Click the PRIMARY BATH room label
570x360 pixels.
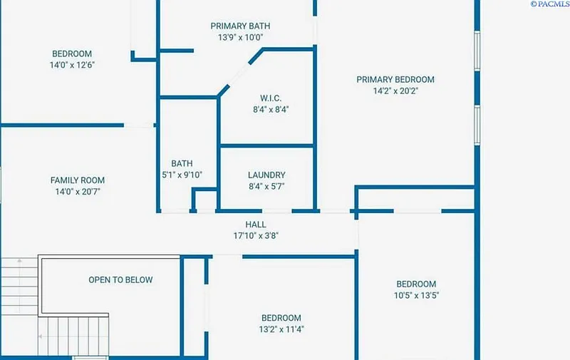(240, 26)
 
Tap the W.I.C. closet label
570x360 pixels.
(271, 98)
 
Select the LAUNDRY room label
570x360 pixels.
(266, 175)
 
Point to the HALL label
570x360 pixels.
(256, 225)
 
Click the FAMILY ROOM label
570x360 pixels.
(78, 180)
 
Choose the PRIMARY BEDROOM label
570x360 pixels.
(395, 79)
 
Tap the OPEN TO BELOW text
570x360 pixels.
(120, 280)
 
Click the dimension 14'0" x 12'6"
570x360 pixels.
(72, 65)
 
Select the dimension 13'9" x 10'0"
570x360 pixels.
(240, 38)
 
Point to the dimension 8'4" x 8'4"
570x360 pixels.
(271, 110)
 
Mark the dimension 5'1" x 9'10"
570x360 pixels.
(182, 175)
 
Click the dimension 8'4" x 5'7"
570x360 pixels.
(266, 187)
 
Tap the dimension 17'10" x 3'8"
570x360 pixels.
(256, 236)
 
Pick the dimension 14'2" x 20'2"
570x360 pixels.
(395, 91)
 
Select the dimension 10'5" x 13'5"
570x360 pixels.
(416, 295)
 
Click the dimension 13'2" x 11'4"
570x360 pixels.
(281, 329)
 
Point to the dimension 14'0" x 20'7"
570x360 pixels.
(78, 192)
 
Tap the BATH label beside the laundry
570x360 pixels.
(182, 163)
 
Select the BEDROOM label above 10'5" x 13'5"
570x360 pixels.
(416, 284)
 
